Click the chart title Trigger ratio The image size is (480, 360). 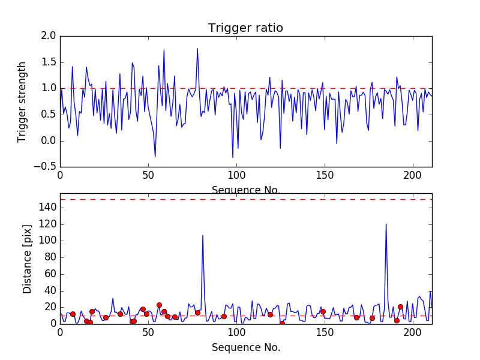point(245,28)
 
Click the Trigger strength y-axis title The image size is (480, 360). point(22,101)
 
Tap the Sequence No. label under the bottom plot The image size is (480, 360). point(245,347)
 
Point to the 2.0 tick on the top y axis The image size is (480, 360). point(49,36)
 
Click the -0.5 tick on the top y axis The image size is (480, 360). point(46,167)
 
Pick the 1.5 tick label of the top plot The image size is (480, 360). point(49,62)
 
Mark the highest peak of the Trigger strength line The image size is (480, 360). point(197,49)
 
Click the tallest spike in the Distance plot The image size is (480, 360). point(386,224)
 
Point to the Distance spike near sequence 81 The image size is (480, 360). point(203,235)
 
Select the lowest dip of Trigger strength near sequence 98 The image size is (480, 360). point(233,157)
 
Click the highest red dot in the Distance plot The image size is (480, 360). point(159,305)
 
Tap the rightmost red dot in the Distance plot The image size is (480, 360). point(400,307)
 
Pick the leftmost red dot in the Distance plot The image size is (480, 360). point(73,314)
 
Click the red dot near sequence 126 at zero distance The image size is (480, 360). point(282,323)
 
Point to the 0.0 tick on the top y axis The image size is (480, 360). point(49,141)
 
